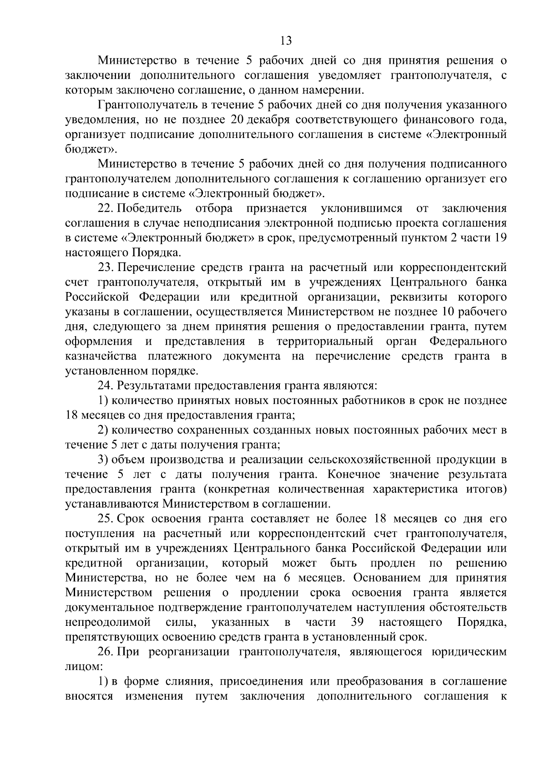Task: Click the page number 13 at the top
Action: tap(286, 41)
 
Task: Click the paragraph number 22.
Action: tap(106, 209)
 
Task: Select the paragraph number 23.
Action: tap(106, 267)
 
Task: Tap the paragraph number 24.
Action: tap(106, 386)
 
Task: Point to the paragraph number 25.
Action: tap(106, 519)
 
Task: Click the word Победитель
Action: tap(150, 209)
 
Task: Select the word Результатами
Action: tap(155, 386)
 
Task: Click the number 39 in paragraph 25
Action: tap(357, 622)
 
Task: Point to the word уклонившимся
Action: tap(361, 209)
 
